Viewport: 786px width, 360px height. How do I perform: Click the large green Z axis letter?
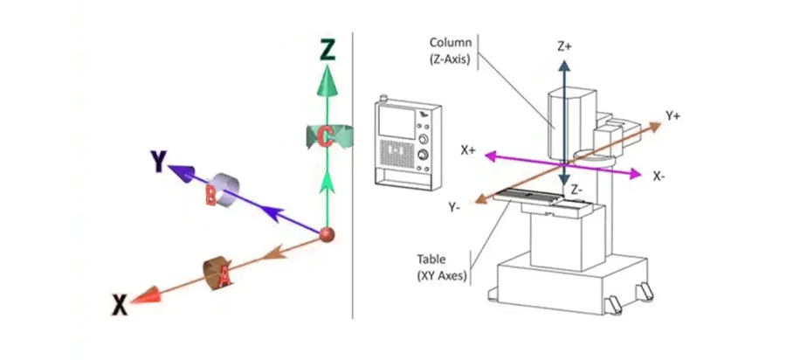327,50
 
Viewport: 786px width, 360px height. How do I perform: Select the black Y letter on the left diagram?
157,161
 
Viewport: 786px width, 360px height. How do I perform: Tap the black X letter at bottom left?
120,304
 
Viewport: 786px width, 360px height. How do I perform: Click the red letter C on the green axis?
324,136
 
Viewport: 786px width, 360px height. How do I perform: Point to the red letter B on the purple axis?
210,197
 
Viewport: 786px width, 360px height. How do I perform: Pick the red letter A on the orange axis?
224,277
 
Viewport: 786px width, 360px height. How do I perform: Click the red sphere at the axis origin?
327,233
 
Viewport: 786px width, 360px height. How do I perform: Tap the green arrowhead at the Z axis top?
327,82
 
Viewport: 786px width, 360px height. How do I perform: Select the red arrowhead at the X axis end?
150,294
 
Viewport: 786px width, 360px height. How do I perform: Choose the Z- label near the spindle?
577,189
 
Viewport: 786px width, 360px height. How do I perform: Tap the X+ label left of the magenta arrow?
469,150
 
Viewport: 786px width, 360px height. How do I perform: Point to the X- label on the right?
661,176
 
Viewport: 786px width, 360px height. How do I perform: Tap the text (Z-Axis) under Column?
450,60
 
